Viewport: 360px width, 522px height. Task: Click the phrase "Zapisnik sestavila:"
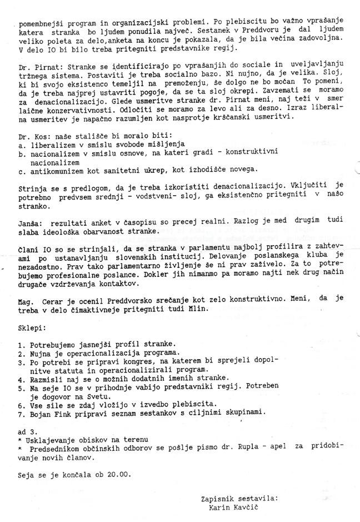(239, 499)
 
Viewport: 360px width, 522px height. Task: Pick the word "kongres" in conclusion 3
(125, 361)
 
